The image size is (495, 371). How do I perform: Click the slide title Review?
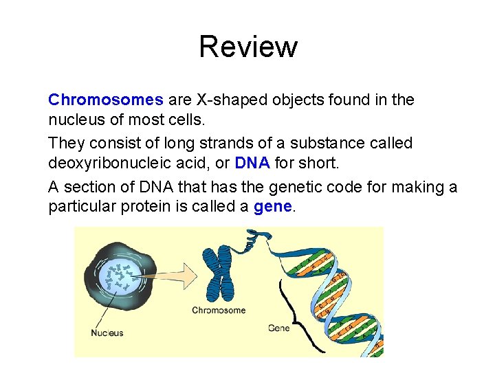(x=247, y=47)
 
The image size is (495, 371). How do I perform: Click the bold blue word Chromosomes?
(x=105, y=100)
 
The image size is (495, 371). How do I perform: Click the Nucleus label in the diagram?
(x=107, y=333)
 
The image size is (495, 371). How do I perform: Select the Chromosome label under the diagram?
(x=219, y=311)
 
